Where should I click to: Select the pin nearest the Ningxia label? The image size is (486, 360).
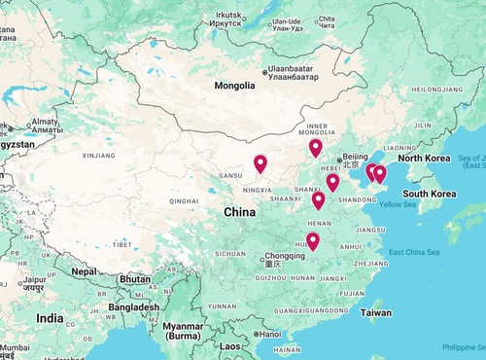click(260, 164)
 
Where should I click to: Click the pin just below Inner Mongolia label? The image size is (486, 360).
click(315, 148)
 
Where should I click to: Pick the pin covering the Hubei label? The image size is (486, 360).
click(313, 240)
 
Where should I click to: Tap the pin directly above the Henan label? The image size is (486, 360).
click(318, 200)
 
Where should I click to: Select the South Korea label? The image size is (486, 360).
click(430, 194)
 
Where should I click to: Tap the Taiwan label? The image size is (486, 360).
click(376, 312)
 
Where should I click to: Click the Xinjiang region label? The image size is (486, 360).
click(98, 155)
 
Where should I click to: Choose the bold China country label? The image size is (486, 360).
click(240, 211)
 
